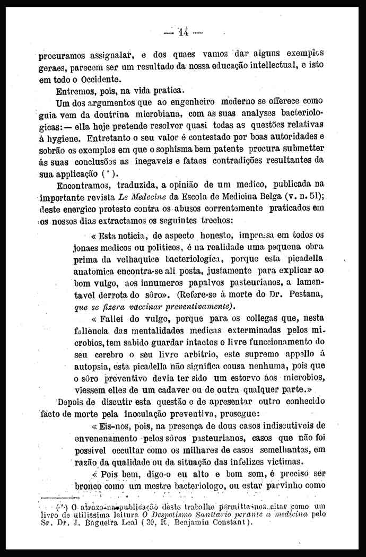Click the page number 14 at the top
184,31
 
